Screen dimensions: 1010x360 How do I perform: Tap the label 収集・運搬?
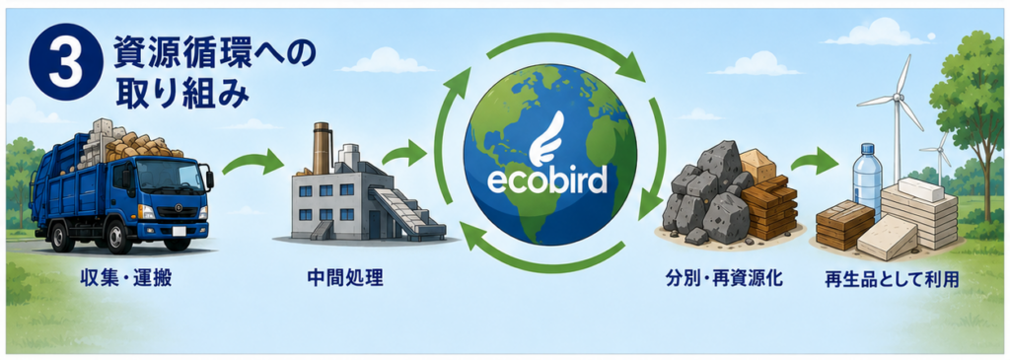126,278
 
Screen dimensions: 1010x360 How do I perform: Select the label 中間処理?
345,278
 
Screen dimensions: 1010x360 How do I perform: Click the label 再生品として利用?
892,279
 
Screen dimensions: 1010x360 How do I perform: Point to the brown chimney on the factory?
322,148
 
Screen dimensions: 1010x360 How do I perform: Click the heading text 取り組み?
181,94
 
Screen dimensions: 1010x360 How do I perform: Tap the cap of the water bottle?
866,147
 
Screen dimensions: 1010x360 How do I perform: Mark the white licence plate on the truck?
180,230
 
